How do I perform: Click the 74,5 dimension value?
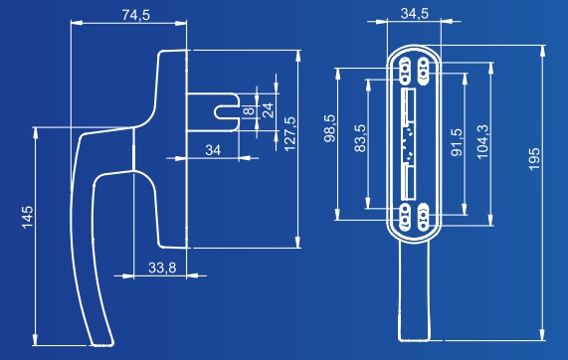pyautogui.click(x=136, y=15)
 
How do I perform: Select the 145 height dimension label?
pyautogui.click(x=28, y=218)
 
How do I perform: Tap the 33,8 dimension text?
pyautogui.click(x=162, y=268)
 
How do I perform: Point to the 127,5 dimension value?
pyautogui.click(x=289, y=134)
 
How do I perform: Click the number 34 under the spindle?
pyautogui.click(x=213, y=150)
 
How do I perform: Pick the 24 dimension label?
pyautogui.click(x=268, y=110)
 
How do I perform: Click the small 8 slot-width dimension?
pyautogui.click(x=249, y=110)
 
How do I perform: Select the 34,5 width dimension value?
pyautogui.click(x=415, y=14)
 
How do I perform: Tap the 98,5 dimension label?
pyautogui.click(x=330, y=128)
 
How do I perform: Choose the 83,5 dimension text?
pyautogui.click(x=360, y=138)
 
